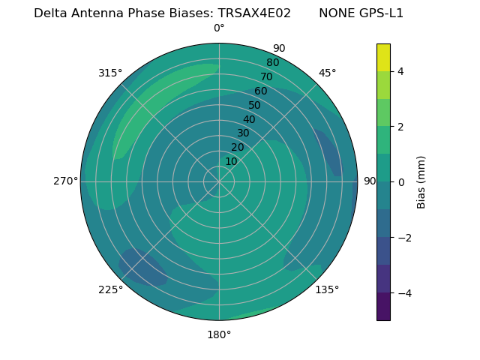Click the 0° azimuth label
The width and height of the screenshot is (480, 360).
(219, 28)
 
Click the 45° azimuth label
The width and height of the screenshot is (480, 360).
(328, 73)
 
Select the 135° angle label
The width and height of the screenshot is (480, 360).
(327, 289)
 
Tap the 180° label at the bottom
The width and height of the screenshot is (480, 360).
(219, 334)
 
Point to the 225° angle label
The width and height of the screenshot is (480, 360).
(110, 290)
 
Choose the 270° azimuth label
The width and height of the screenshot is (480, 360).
(66, 181)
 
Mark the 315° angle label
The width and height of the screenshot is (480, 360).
(110, 73)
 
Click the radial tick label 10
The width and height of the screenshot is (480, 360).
(231, 161)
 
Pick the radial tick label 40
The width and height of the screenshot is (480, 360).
(249, 119)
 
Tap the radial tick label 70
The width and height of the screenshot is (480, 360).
(266, 76)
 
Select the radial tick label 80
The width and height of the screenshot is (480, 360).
(272, 62)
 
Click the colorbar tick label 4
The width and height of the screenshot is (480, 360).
(400, 71)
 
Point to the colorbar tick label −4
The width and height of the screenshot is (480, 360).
(403, 292)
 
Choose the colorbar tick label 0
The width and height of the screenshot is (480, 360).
(400, 182)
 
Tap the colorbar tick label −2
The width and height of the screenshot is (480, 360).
(403, 238)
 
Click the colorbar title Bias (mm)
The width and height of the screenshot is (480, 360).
(421, 182)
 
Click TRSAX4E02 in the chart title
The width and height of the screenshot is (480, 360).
(254, 13)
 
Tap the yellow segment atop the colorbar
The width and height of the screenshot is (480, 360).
(383, 57)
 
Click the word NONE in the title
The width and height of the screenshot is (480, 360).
(334, 13)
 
